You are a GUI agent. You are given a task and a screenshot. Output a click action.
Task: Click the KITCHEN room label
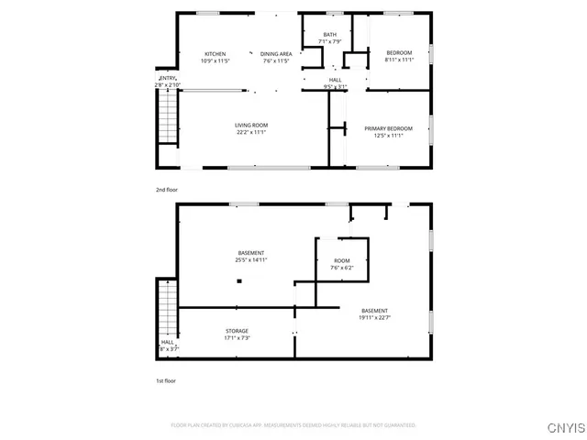(215, 54)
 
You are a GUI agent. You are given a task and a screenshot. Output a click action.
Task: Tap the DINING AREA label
(276, 54)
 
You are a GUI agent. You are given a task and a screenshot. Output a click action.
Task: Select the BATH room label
(329, 34)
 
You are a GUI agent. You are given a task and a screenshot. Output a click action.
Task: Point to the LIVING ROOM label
(249, 125)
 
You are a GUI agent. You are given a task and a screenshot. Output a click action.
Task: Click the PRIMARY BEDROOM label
(388, 128)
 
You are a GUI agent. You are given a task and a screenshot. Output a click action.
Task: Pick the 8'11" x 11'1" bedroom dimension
(400, 60)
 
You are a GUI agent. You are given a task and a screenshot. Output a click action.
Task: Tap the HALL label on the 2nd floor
(336, 81)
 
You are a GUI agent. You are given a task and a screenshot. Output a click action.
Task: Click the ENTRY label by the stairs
(168, 79)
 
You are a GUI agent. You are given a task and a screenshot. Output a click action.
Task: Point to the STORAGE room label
(237, 331)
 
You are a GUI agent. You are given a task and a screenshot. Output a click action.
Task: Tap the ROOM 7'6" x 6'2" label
(341, 260)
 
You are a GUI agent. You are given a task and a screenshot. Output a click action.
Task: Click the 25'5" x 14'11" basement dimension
(250, 260)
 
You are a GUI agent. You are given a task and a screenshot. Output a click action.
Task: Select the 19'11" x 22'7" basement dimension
(374, 318)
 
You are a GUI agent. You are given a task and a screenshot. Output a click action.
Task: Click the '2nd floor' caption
(166, 189)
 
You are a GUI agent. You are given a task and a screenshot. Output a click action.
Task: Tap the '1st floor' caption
(165, 379)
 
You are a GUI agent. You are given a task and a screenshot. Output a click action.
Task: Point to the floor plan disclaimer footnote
(293, 425)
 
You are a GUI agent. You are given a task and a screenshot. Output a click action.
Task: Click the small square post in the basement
(238, 282)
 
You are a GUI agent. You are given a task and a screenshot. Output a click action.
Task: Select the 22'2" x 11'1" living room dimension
(249, 132)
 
